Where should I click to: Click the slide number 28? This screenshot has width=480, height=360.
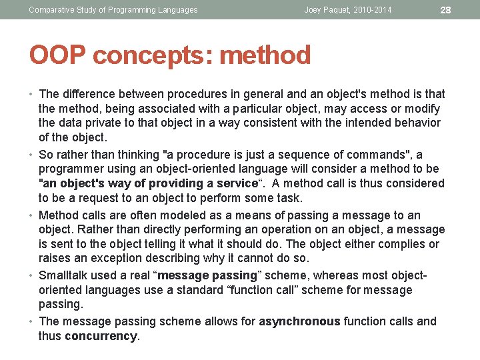tap(446, 10)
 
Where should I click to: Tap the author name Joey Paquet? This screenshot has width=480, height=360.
tap(328, 10)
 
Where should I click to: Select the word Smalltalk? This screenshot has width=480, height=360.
tap(63, 275)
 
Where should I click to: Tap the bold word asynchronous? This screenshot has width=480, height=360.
tap(299, 321)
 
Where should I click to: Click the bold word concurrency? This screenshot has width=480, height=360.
tap(101, 336)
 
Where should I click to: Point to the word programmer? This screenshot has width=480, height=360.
tap(69, 169)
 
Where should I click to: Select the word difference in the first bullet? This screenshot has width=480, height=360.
tap(87, 94)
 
